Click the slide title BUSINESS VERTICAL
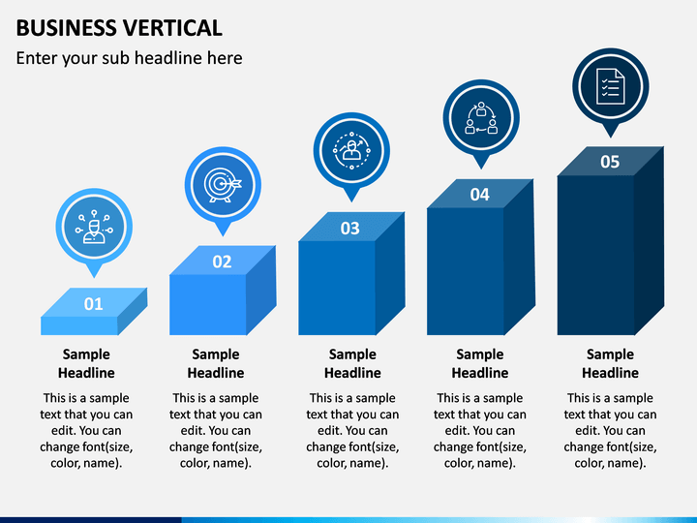point(119,27)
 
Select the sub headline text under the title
point(129,58)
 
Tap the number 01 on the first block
point(93,304)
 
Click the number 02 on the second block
point(222,261)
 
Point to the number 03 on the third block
point(349,229)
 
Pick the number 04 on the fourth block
point(479,195)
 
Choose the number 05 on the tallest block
point(609,162)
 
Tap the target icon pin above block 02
point(222,184)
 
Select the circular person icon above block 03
point(350,148)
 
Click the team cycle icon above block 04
point(480,115)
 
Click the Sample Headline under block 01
point(86,363)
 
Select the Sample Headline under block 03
point(352,363)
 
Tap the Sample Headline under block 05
point(610,363)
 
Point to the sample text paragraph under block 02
point(215,430)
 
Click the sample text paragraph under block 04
point(479,430)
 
